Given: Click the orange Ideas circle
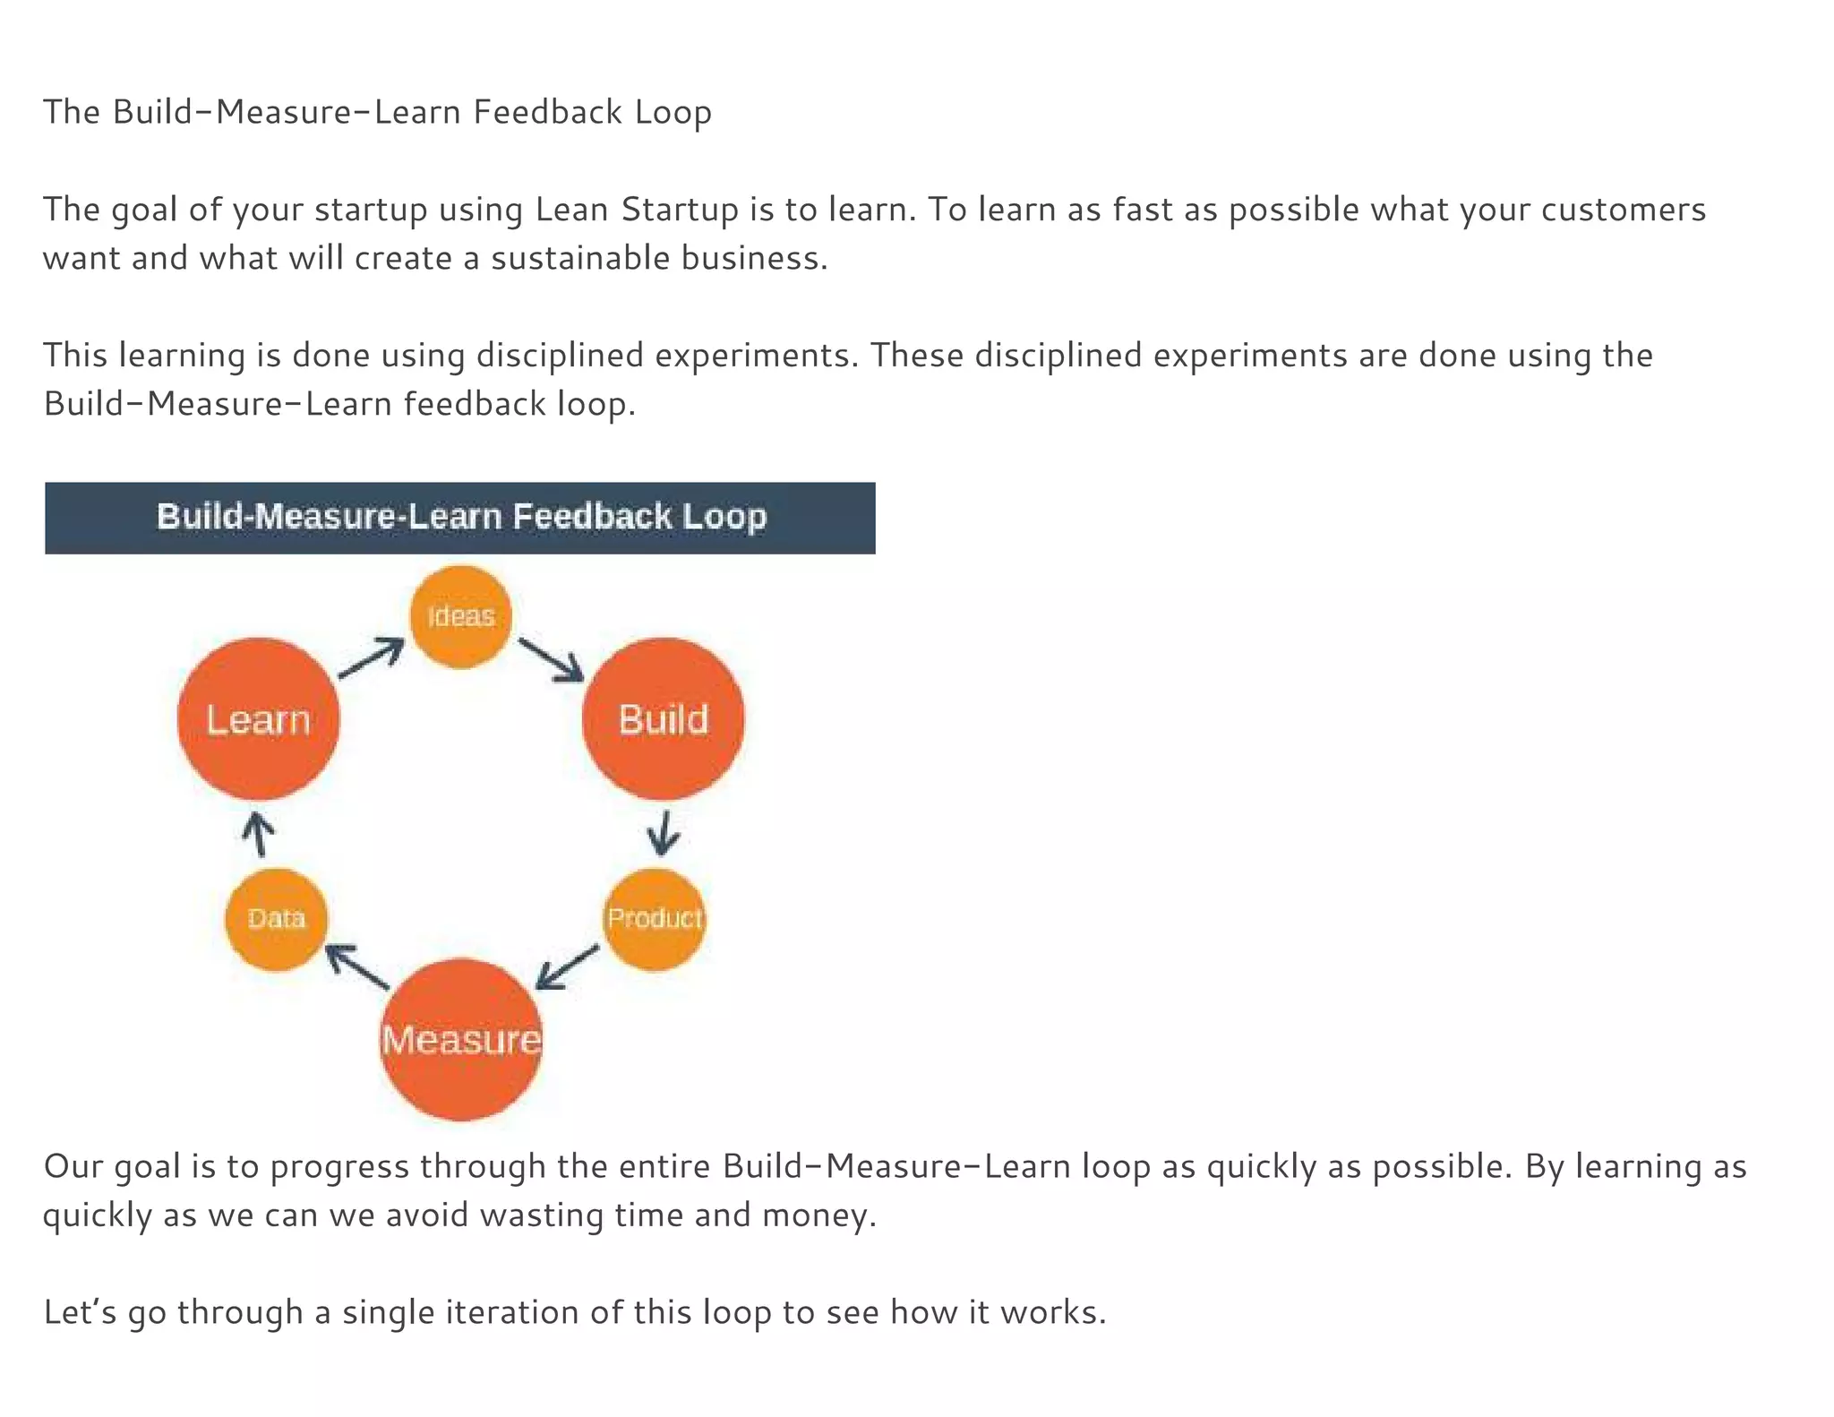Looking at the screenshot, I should [x=460, y=616].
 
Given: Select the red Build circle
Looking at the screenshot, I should [x=663, y=718].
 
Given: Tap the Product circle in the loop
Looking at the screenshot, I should [x=655, y=919].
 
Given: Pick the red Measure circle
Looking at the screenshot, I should [x=460, y=1039].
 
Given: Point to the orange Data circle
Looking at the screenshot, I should [x=276, y=919].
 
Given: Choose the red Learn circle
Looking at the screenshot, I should [x=258, y=718].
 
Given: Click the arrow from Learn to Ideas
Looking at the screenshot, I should [x=371, y=658].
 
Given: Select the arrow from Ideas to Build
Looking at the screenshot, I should [x=551, y=660].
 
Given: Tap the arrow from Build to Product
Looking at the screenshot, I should [x=664, y=833].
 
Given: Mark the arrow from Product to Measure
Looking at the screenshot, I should [x=567, y=967].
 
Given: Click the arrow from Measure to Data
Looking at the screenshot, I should [x=357, y=967].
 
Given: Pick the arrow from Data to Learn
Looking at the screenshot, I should [x=258, y=834].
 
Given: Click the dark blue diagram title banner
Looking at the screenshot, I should [x=460, y=518].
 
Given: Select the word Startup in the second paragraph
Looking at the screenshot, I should [x=680, y=210].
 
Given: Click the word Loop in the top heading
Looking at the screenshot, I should [x=673, y=113].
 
